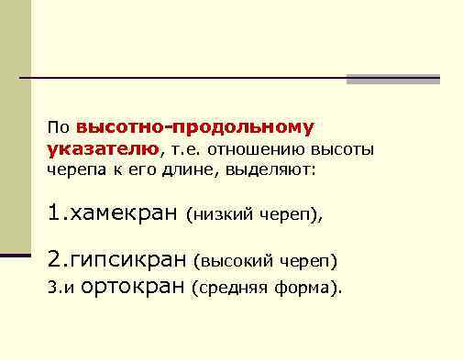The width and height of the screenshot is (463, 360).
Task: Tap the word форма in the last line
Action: [x=308, y=289]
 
